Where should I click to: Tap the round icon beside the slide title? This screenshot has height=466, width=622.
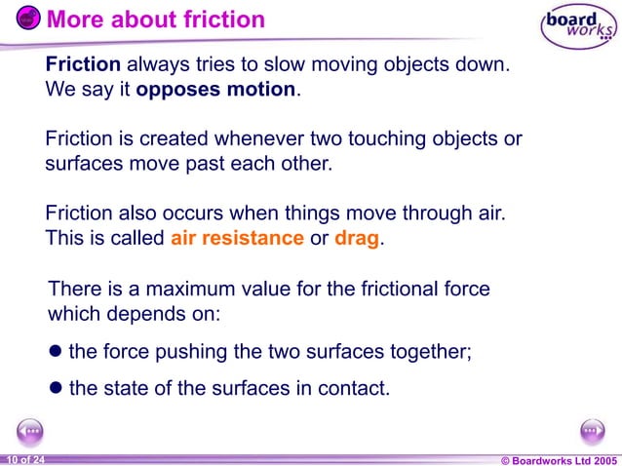point(29,19)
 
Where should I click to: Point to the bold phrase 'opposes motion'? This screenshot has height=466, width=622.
point(215,90)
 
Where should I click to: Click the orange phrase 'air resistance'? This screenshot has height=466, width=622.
point(237,238)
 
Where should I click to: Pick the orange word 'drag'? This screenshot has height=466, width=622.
point(356,238)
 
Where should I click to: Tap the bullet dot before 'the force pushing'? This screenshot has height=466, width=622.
point(57,351)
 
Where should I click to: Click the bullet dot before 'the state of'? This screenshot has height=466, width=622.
point(57,388)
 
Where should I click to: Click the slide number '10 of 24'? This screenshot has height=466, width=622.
point(23,458)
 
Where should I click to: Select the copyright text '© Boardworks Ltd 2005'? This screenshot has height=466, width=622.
point(559,458)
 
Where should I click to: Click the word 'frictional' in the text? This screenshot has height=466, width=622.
point(377,290)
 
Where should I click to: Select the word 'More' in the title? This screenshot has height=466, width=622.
point(72,19)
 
